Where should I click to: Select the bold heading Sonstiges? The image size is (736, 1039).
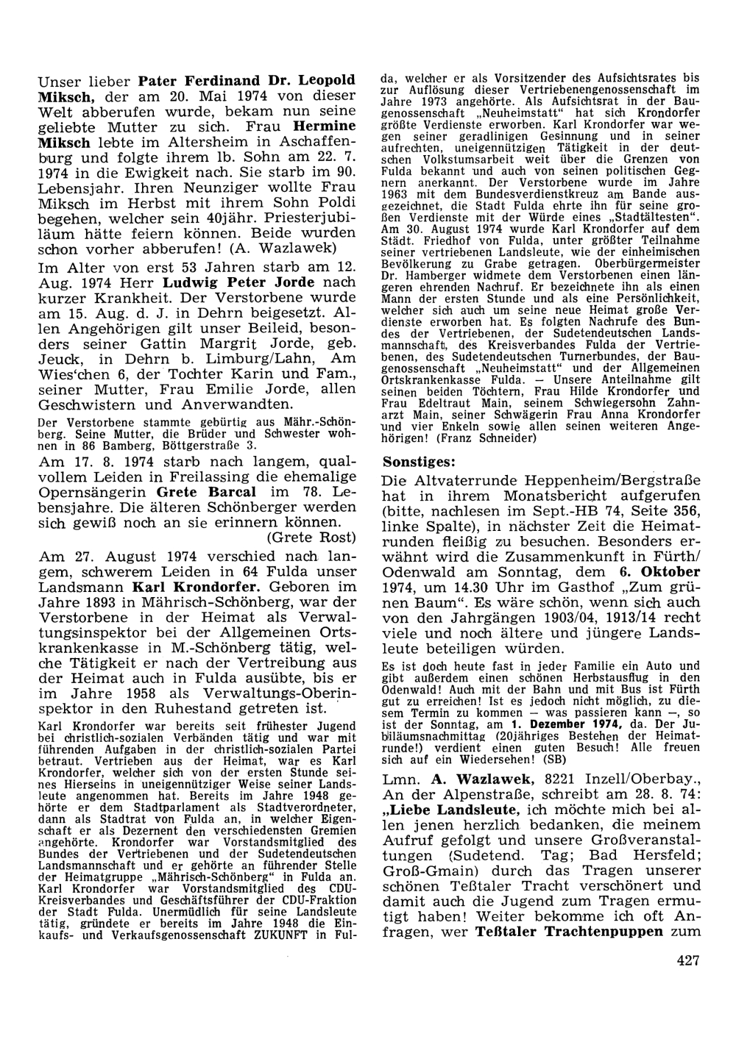tap(419, 462)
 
